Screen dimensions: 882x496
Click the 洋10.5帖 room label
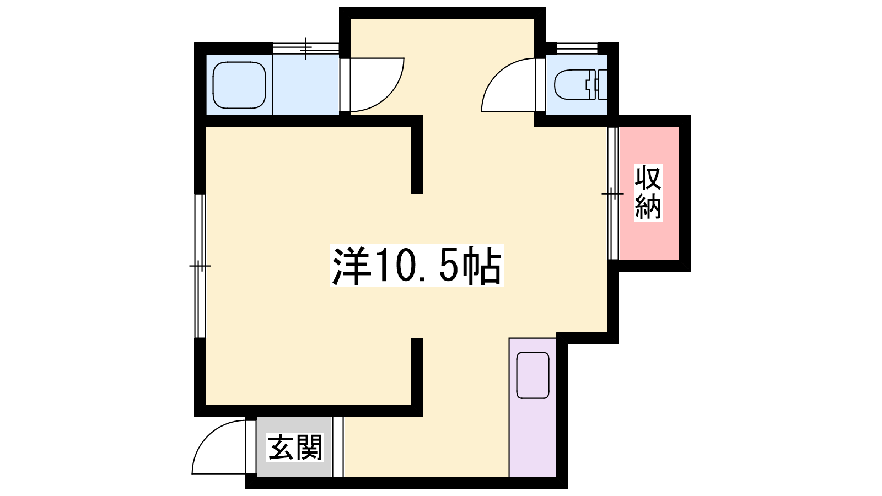point(417,265)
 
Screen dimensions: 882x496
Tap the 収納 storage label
point(648,192)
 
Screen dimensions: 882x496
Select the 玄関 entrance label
point(295,447)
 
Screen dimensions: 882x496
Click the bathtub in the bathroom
point(239,85)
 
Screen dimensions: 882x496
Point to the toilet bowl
point(571,85)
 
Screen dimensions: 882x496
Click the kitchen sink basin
point(533,375)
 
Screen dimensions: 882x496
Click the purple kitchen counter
point(533,407)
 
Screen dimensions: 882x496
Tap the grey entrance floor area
point(294,447)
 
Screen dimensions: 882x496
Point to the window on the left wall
point(201,266)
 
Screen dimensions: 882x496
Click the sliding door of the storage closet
point(612,193)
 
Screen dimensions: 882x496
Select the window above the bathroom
point(306,48)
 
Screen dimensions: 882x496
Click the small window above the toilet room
point(577,48)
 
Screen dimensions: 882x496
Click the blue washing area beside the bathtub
point(306,85)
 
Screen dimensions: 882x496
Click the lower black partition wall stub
point(417,377)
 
